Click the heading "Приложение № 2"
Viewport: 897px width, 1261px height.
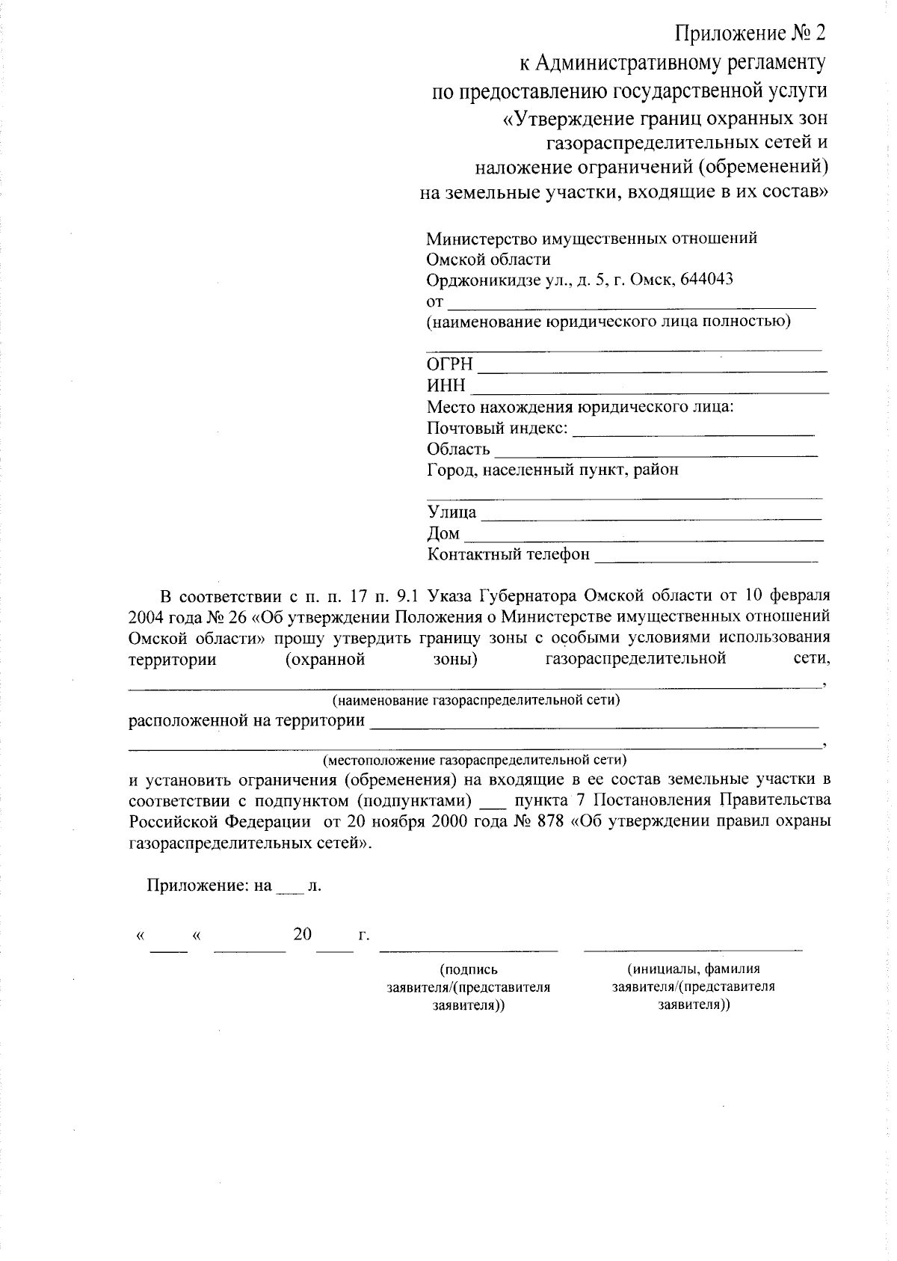tap(750, 34)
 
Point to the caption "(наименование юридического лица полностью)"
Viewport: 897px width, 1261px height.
tap(608, 322)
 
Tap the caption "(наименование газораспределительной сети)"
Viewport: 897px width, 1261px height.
tap(476, 701)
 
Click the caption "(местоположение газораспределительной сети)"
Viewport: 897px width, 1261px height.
tap(475, 761)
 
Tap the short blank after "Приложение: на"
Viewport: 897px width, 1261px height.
tap(289, 889)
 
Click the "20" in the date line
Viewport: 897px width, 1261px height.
tap(302, 935)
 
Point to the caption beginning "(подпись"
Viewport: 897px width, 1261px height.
tap(469, 970)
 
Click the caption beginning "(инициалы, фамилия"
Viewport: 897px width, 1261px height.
tap(693, 969)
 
